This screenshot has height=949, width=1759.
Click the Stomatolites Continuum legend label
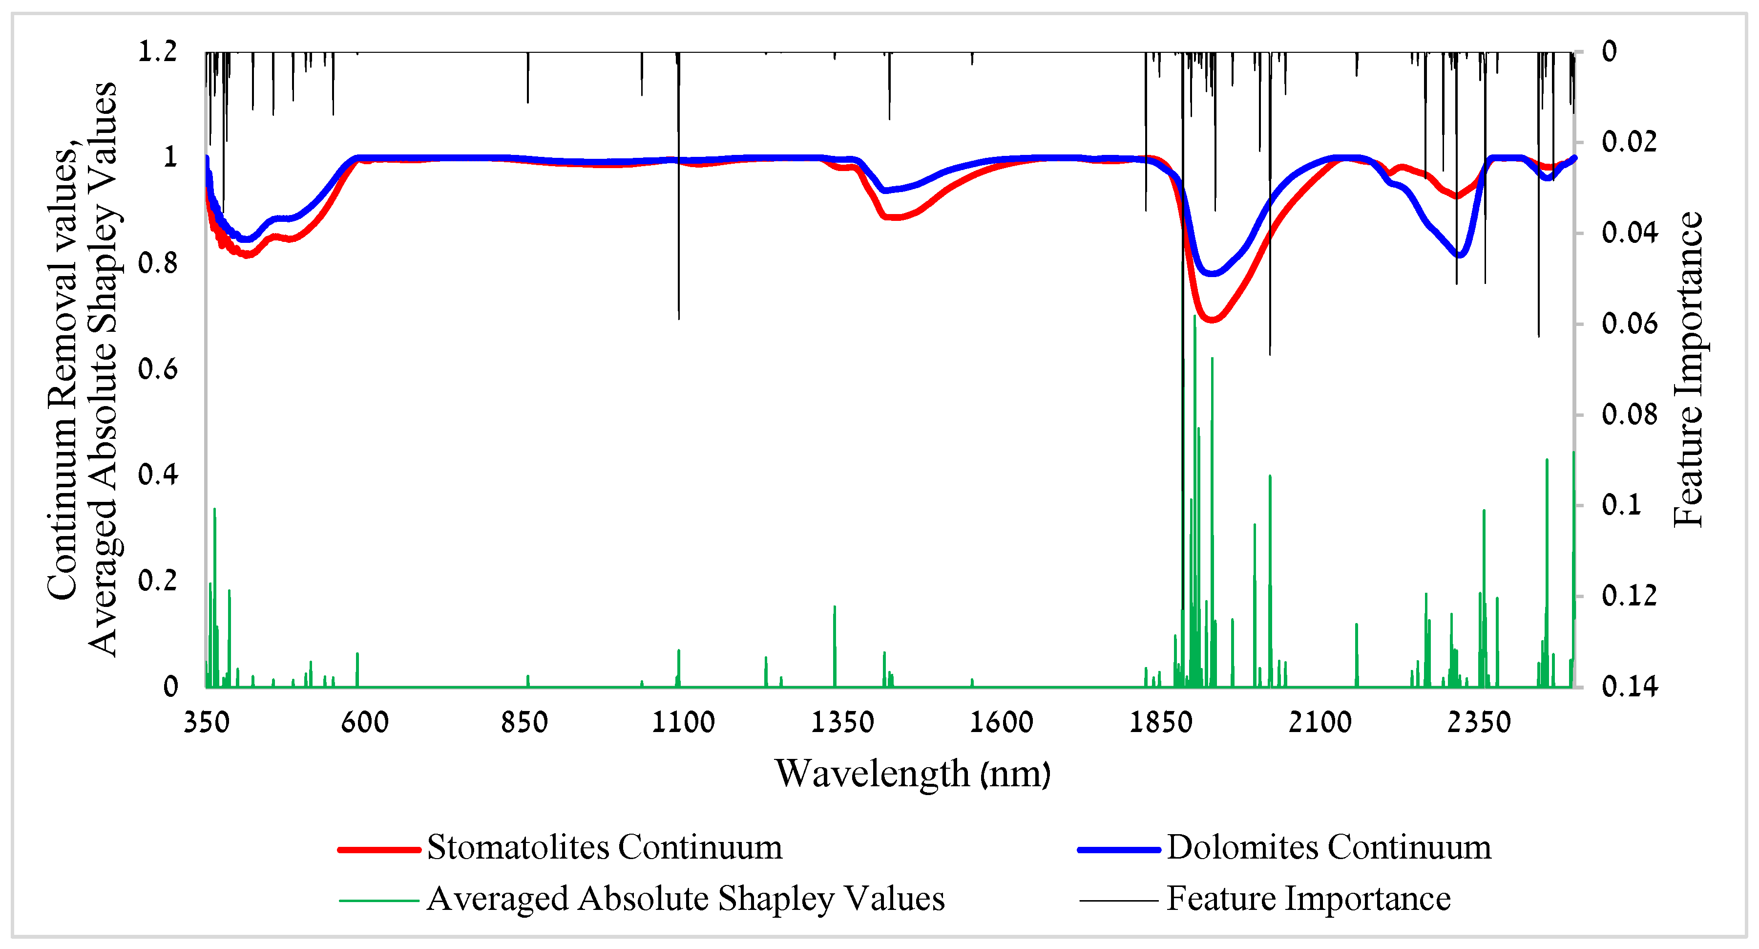point(604,847)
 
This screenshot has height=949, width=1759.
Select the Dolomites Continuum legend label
point(1328,847)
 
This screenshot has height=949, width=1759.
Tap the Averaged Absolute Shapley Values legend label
point(686,899)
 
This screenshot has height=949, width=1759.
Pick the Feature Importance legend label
point(1308,899)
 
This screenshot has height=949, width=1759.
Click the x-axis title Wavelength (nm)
point(912,774)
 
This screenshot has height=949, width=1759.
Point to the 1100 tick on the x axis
point(683,722)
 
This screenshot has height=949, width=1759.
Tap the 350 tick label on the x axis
point(206,722)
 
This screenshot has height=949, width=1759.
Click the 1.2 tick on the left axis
point(158,51)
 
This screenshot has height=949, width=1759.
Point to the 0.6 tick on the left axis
point(158,369)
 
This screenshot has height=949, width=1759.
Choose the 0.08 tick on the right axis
point(1629,415)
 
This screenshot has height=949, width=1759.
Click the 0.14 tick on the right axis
point(1629,686)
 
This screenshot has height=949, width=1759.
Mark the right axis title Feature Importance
point(1688,369)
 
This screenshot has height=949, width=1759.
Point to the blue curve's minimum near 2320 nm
point(1459,255)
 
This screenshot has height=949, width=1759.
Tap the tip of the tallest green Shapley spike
point(1194,316)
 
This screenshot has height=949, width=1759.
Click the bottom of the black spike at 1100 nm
point(679,319)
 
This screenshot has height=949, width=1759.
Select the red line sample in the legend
point(379,849)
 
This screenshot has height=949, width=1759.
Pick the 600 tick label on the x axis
point(365,722)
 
